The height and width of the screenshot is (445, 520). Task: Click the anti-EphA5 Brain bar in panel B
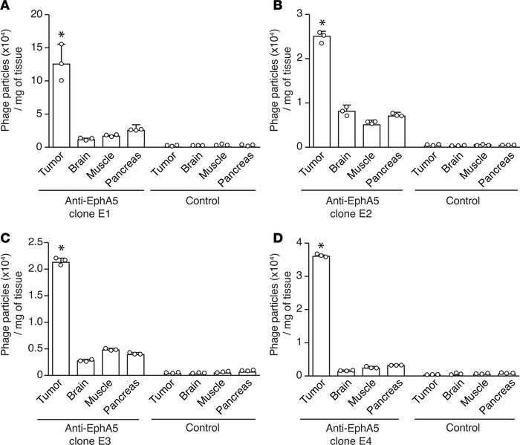point(345,129)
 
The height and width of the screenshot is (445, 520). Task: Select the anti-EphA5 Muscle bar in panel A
point(110,141)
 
